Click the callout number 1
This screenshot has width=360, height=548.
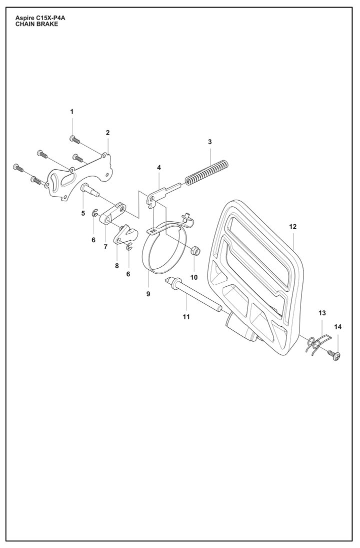click(71, 112)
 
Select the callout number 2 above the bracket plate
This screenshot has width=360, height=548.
click(107, 133)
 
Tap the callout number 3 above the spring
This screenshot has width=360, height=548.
click(210, 142)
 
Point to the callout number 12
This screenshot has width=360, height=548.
click(292, 227)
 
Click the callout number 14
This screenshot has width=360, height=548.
click(337, 327)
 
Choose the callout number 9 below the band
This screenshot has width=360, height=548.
click(148, 294)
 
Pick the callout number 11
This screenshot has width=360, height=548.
click(186, 316)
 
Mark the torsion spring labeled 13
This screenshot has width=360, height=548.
click(314, 344)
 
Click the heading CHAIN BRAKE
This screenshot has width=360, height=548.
click(36, 24)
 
